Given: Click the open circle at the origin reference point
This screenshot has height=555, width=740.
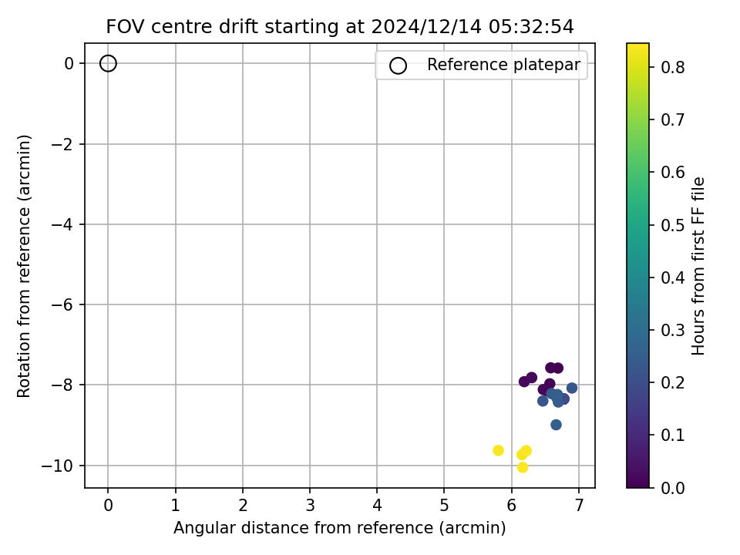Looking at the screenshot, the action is [108, 56].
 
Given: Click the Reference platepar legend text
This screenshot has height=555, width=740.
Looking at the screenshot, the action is [503, 65].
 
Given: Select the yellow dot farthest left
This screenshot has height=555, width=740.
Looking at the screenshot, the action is [498, 451].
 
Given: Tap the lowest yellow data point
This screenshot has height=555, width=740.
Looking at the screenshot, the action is [523, 468].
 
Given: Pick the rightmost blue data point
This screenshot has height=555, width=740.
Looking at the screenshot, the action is [571, 388].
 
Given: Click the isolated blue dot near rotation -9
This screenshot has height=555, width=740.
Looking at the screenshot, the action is [556, 425].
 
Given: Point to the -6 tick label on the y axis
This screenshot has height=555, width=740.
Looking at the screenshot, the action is [62, 305].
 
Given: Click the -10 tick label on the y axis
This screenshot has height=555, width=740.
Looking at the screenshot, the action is [58, 466].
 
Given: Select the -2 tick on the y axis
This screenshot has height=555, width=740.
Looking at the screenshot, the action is [62, 144].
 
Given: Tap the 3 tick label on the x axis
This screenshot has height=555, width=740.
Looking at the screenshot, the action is [310, 506].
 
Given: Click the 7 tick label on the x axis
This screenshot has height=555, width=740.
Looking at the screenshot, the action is [579, 506].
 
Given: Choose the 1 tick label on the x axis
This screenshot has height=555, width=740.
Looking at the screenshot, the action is [176, 506].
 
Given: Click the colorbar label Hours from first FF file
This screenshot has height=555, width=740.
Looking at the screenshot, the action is [698, 266].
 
